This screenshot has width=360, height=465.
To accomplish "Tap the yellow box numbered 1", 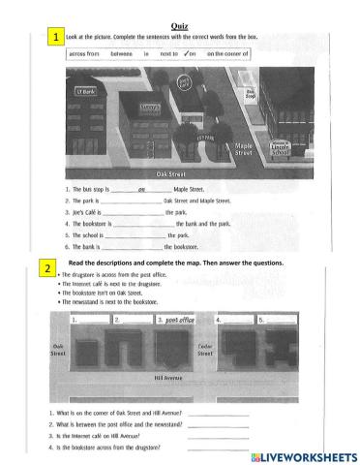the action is coord(57,37).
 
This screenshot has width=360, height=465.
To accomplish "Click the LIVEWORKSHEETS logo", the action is coord(304,455).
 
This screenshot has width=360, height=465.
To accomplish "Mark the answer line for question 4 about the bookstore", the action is coord(217,447).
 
